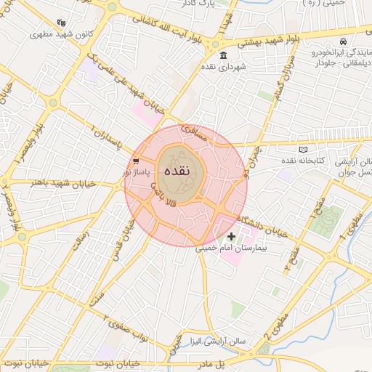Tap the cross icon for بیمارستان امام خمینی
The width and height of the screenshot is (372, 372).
point(231,236)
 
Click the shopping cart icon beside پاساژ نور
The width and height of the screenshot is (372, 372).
point(136,161)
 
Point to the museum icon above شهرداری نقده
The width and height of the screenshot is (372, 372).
point(222,57)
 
